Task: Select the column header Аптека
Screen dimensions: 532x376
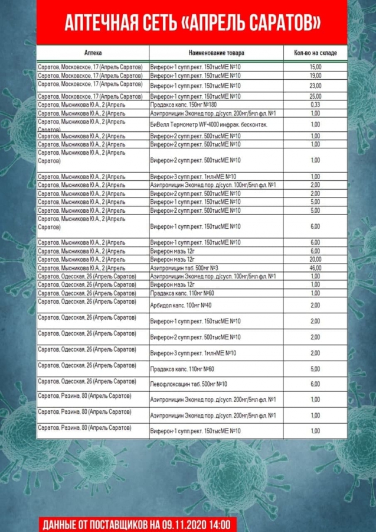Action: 93,53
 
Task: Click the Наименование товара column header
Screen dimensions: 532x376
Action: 216,53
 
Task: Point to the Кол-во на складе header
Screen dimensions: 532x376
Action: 315,53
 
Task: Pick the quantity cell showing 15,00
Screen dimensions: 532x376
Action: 315,67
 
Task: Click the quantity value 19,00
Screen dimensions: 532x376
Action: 315,76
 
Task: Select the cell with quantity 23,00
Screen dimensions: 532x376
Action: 315,86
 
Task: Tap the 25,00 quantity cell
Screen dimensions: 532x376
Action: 315,96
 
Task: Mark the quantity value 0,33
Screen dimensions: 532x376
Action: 315,105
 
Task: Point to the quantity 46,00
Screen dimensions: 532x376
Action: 315,268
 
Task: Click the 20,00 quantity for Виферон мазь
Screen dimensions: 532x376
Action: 315,259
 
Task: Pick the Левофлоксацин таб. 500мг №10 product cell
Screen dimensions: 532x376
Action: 189,384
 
